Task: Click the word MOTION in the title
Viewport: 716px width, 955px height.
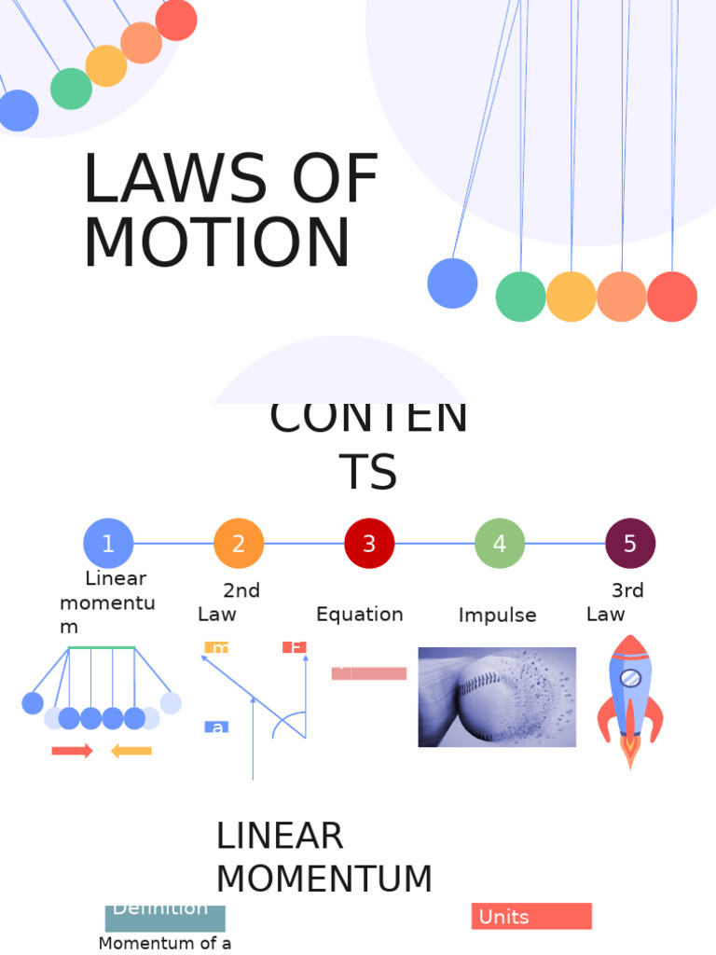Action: coord(217,243)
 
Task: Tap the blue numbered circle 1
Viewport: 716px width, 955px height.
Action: coord(108,544)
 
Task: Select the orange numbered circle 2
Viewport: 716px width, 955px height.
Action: coord(239,544)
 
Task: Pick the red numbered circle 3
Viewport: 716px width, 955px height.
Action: coord(369,544)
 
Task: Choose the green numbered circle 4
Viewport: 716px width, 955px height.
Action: coord(500,544)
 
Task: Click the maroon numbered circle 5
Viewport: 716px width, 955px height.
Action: coord(630,544)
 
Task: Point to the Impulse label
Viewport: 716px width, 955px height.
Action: coord(497,616)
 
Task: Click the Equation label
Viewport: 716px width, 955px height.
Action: coord(359,615)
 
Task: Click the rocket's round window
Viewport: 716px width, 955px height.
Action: coord(630,678)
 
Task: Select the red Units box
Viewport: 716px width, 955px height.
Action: coord(531,917)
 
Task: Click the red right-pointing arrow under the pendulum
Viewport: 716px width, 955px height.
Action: coord(72,751)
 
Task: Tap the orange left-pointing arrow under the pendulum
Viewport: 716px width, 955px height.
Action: coord(131,751)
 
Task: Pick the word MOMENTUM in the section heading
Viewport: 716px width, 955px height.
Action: coord(324,879)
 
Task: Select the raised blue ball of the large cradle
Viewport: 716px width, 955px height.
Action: coord(452,284)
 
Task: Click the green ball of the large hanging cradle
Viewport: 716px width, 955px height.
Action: coord(520,297)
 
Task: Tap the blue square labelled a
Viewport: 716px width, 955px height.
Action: coord(216,727)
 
